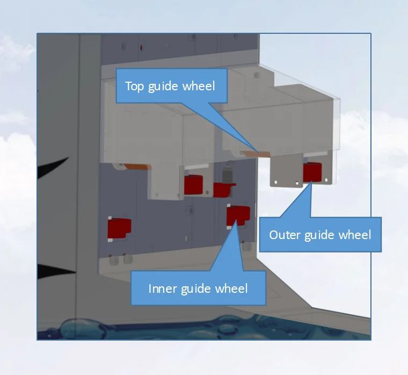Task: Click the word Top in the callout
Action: [x=135, y=86]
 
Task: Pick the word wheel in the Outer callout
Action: [x=355, y=235]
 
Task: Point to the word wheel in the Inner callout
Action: [x=231, y=289]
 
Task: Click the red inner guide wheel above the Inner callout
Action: [x=238, y=214]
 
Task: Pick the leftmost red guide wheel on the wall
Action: [x=119, y=228]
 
